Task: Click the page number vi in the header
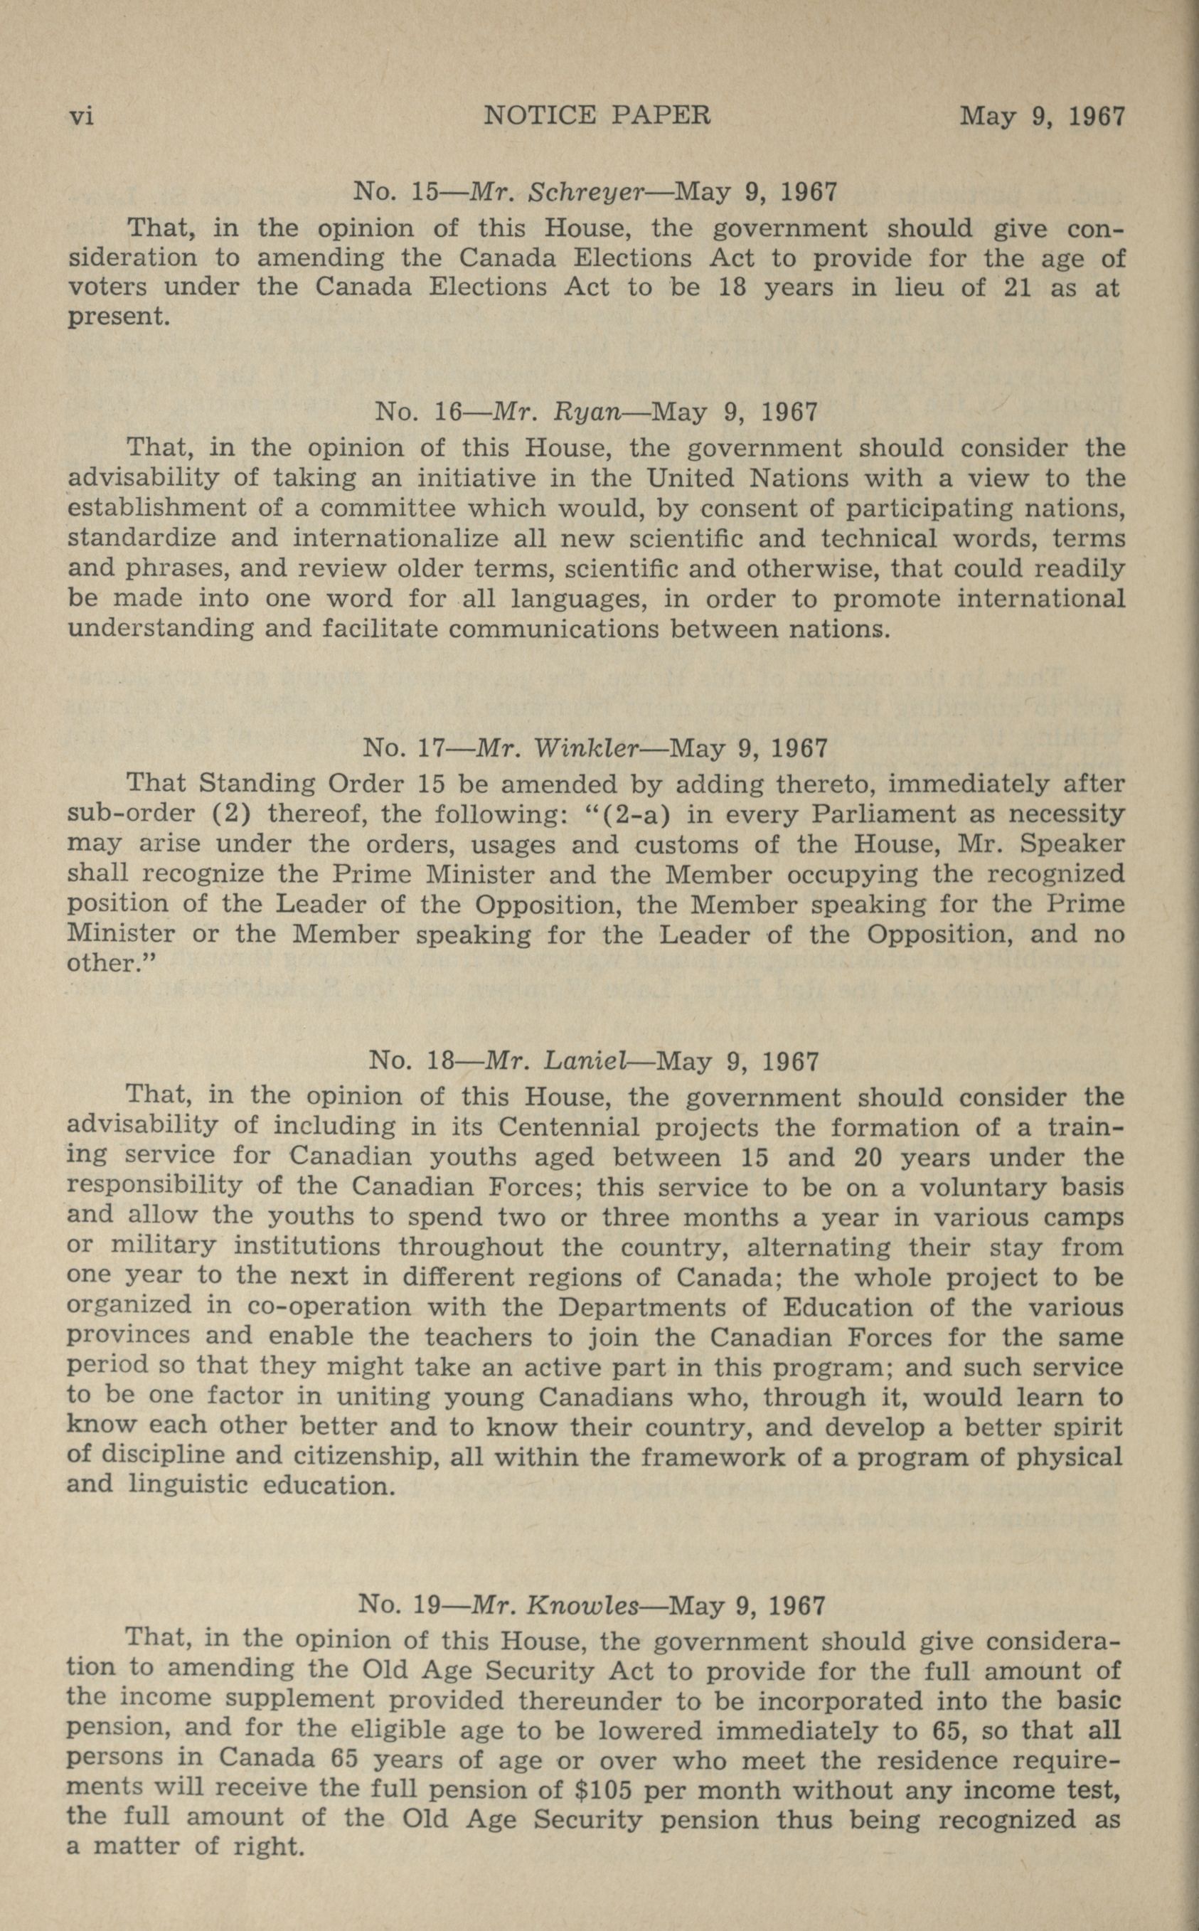pyautogui.click(x=82, y=117)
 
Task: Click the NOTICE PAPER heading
pyautogui.click(x=597, y=116)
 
